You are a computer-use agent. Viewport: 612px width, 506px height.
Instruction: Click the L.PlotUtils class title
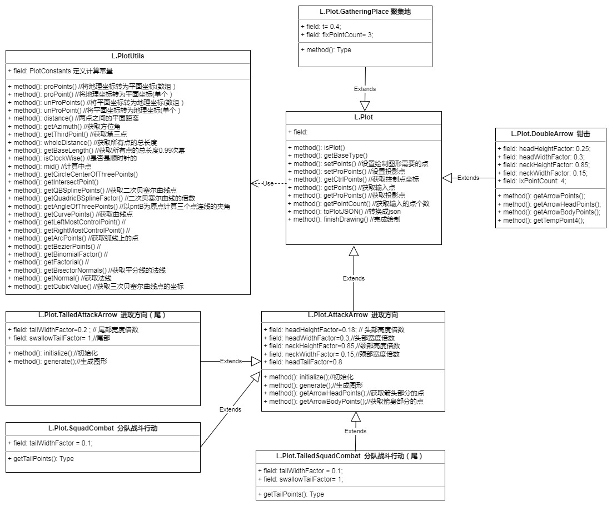[128, 56]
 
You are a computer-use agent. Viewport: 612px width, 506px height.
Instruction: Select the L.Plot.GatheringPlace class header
[365, 12]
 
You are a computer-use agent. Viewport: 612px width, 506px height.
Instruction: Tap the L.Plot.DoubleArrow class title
[550, 134]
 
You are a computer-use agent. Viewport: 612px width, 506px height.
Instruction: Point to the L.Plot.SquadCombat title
[103, 428]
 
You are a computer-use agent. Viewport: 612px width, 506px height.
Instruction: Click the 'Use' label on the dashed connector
[268, 183]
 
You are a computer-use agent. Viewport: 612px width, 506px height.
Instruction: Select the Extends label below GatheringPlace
[365, 89]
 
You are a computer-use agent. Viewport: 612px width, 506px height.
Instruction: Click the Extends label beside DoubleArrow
[468, 178]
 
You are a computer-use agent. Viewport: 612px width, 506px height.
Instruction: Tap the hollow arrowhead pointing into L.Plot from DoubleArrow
[447, 178]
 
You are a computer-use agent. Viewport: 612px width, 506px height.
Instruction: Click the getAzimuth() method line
[64, 127]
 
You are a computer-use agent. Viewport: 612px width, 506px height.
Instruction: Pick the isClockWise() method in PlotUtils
[73, 158]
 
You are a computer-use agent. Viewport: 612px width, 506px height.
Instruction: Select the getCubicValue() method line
[96, 287]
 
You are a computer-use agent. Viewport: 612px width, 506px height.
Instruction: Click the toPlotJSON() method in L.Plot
[344, 212]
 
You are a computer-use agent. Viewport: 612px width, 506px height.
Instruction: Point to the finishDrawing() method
[344, 219]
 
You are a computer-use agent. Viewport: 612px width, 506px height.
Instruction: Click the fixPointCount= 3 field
[337, 35]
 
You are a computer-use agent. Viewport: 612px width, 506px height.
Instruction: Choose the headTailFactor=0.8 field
[302, 362]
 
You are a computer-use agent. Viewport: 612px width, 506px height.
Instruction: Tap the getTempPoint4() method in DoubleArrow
[541, 221]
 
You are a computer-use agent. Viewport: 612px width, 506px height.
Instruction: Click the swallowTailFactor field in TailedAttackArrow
[59, 338]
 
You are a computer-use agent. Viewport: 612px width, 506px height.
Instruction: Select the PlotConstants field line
[61, 71]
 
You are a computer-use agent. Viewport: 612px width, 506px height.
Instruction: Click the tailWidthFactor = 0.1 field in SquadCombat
[51, 443]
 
